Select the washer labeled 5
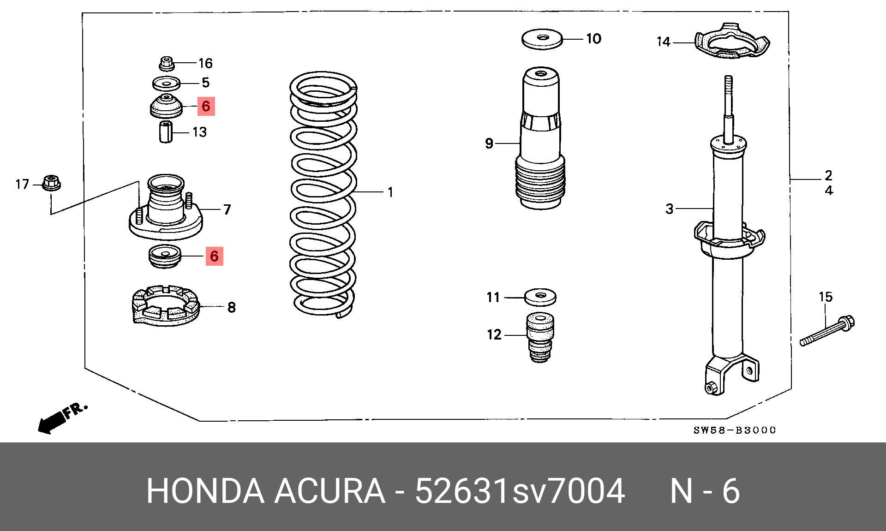pos(166,84)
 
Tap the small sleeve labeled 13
pos(166,132)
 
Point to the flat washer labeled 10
pos(543,39)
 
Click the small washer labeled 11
pos(540,297)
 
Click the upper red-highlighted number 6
pos(206,107)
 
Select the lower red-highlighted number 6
pos(214,256)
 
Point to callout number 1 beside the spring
pos(390,192)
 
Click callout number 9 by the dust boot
pos(490,143)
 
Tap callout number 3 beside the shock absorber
pos(670,209)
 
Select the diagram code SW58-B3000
pos(735,430)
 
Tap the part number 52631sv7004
pos(520,491)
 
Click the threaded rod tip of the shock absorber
pos(729,85)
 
